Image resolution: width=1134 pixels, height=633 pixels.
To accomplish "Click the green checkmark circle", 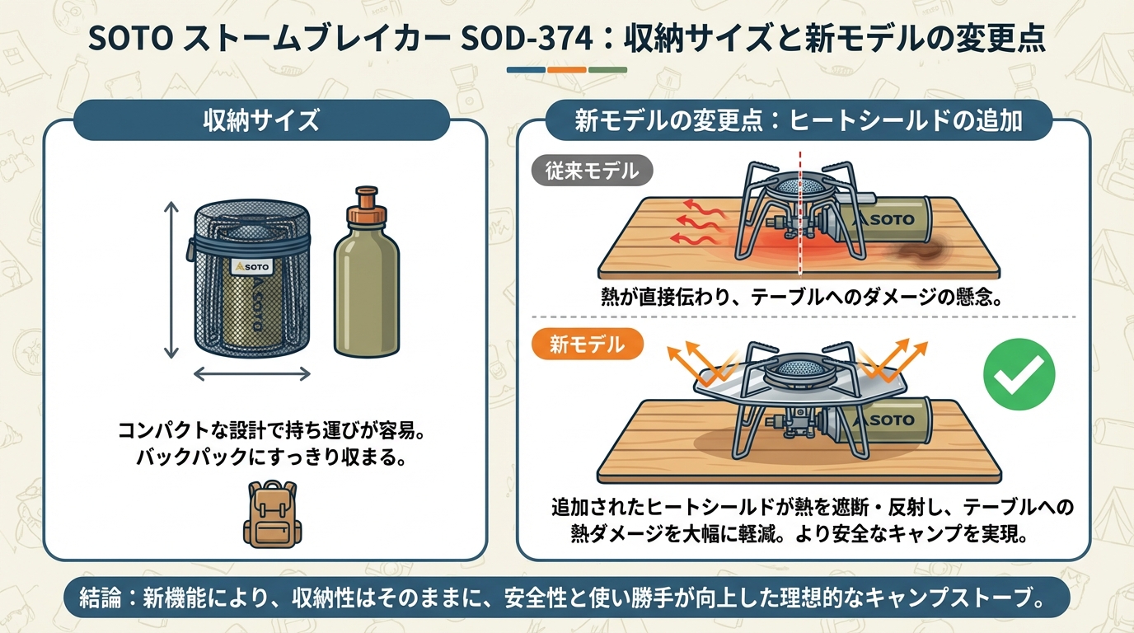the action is coord(1019,374).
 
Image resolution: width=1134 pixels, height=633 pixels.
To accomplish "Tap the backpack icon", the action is coord(272,514).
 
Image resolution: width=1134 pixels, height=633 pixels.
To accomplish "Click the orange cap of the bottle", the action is coord(367,207).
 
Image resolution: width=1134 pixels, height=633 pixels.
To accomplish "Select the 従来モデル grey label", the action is coord(592,171).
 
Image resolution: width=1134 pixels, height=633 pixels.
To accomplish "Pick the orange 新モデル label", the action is coord(588,345).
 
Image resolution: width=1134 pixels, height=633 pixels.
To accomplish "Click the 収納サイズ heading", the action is coord(261,120).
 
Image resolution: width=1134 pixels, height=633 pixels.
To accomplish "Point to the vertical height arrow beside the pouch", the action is coord(171,280).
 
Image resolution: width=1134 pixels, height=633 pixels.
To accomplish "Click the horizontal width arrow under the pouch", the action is coord(252,374).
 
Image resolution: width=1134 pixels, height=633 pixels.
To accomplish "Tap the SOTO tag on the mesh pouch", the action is coord(251,266).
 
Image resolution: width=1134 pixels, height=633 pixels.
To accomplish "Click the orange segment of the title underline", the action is coord(567,70).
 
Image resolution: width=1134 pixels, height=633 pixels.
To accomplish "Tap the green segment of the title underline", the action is coord(607,70).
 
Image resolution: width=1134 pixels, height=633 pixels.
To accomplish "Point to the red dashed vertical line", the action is coord(800,213).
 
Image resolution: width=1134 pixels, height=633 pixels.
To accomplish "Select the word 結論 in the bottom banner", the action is coord(101,598).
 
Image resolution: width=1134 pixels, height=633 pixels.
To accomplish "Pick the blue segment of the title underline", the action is coord(526,70).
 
